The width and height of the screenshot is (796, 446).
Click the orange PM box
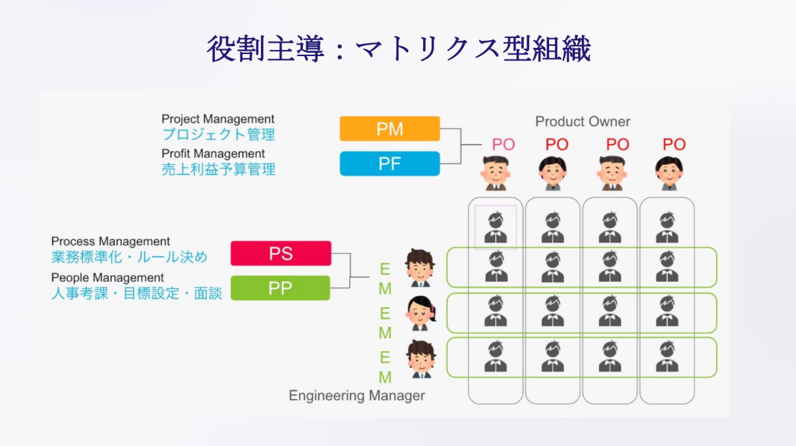pyautogui.click(x=390, y=128)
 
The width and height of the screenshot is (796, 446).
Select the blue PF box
pyautogui.click(x=390, y=164)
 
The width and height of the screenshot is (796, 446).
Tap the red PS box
pyautogui.click(x=281, y=254)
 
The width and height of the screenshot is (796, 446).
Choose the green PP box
pyautogui.click(x=280, y=288)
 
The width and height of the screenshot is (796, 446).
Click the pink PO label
pyautogui.click(x=503, y=145)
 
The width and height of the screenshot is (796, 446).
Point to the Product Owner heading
pyautogui.click(x=582, y=122)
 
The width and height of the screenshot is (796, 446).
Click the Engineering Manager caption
pyautogui.click(x=357, y=396)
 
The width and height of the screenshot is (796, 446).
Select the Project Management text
pyautogui.click(x=218, y=119)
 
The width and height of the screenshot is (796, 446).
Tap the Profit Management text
pyautogui.click(x=214, y=154)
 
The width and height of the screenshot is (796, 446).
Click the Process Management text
pyautogui.click(x=111, y=241)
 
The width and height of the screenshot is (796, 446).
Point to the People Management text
pyautogui.click(x=107, y=278)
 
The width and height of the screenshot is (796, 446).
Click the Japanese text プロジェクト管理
pyautogui.click(x=219, y=135)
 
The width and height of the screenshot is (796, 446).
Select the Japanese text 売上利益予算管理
pyautogui.click(x=219, y=169)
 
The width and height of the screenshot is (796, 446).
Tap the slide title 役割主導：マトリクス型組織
pyautogui.click(x=398, y=49)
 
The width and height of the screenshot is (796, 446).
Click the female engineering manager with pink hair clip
pyautogui.click(x=421, y=313)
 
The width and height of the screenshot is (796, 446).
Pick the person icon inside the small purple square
pyautogui.click(x=496, y=226)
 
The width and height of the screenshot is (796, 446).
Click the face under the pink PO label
pyautogui.click(x=496, y=173)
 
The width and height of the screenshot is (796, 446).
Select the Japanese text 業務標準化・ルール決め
pyautogui.click(x=129, y=257)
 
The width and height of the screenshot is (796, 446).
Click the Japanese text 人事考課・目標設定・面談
pyautogui.click(x=137, y=294)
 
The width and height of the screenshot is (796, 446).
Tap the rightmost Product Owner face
pyautogui.click(x=669, y=173)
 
